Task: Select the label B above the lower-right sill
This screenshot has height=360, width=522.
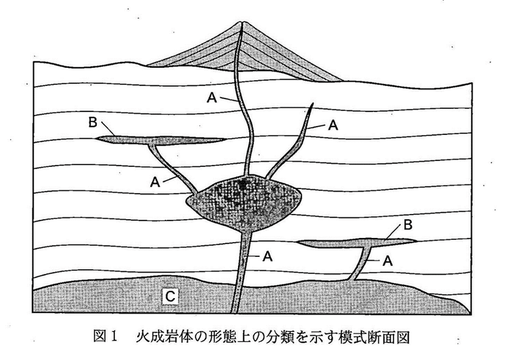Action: [408, 226]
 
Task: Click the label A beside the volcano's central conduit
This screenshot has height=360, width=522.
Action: [211, 97]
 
